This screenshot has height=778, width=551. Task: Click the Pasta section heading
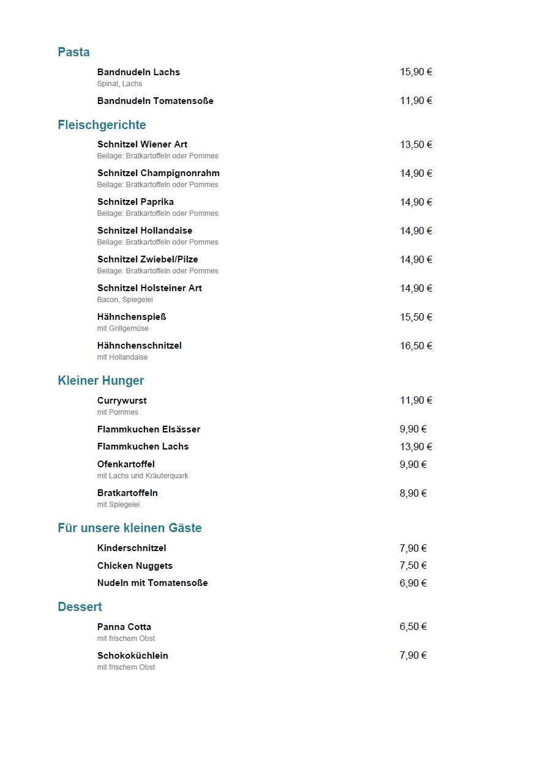[x=73, y=52]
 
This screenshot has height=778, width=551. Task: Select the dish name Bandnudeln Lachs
[x=138, y=72]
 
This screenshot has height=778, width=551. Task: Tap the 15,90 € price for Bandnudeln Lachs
[x=416, y=72]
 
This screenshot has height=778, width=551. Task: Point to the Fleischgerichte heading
[x=102, y=125]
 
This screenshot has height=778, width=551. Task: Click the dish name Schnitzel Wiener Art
[x=142, y=144]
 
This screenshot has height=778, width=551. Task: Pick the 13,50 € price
[x=416, y=145]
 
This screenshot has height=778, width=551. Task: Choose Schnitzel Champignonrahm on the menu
[x=158, y=173]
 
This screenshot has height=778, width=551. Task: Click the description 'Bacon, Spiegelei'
[x=125, y=300]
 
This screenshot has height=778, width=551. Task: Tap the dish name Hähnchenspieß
[x=132, y=317]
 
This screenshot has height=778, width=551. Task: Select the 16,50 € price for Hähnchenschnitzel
[x=416, y=346]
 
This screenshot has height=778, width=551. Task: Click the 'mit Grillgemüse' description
[x=122, y=328]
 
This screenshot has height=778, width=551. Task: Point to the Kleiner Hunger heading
[x=101, y=380]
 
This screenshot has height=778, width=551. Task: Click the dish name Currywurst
[x=122, y=401]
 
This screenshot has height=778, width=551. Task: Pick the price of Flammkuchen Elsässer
[x=413, y=429]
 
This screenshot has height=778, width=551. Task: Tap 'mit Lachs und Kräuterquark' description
[x=143, y=476]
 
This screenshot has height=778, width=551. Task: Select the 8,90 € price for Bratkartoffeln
[x=413, y=494]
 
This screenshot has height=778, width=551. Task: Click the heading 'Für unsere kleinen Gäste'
[x=130, y=528]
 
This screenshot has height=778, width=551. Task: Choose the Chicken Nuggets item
[x=135, y=566]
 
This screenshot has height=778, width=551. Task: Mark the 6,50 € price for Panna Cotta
[x=413, y=627]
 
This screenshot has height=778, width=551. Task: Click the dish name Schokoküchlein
[x=132, y=656]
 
